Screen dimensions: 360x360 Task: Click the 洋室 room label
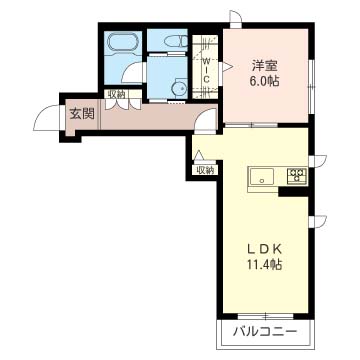click(x=265, y=66)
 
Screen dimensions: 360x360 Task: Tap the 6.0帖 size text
click(x=265, y=81)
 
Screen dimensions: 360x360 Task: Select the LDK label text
click(x=265, y=249)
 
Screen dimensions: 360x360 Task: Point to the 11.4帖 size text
click(x=265, y=264)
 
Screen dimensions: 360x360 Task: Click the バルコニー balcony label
click(x=265, y=331)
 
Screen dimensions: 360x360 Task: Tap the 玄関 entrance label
click(x=82, y=114)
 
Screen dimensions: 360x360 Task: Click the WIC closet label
click(x=206, y=70)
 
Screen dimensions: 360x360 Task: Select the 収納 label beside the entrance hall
click(x=116, y=94)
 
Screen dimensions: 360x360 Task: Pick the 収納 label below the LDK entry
click(x=205, y=170)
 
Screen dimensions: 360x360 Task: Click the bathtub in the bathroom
click(x=123, y=42)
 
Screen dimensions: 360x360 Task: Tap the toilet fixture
click(x=176, y=41)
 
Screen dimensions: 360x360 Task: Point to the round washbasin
click(x=179, y=88)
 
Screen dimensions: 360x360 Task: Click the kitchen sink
click(x=262, y=176)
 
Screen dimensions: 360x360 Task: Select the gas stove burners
click(x=297, y=175)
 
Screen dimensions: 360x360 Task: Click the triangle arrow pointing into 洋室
click(x=227, y=66)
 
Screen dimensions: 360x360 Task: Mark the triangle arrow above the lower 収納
click(x=198, y=155)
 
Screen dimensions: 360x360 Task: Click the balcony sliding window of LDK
click(x=266, y=315)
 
